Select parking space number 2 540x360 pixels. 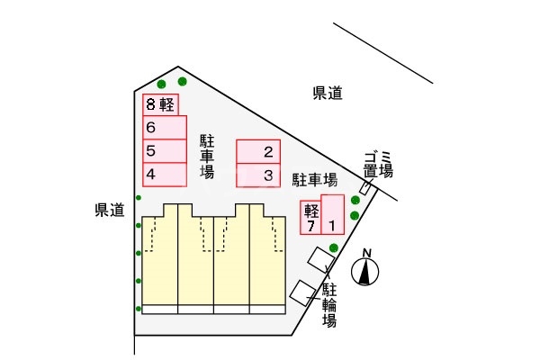click(258, 151)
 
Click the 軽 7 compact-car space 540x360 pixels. click(310, 218)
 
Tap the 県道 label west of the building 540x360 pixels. click(109, 210)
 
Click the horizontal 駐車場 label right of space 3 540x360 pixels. click(315, 178)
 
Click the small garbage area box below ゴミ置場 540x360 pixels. click(365, 187)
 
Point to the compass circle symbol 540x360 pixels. click(365, 273)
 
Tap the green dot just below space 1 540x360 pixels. click(334, 247)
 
